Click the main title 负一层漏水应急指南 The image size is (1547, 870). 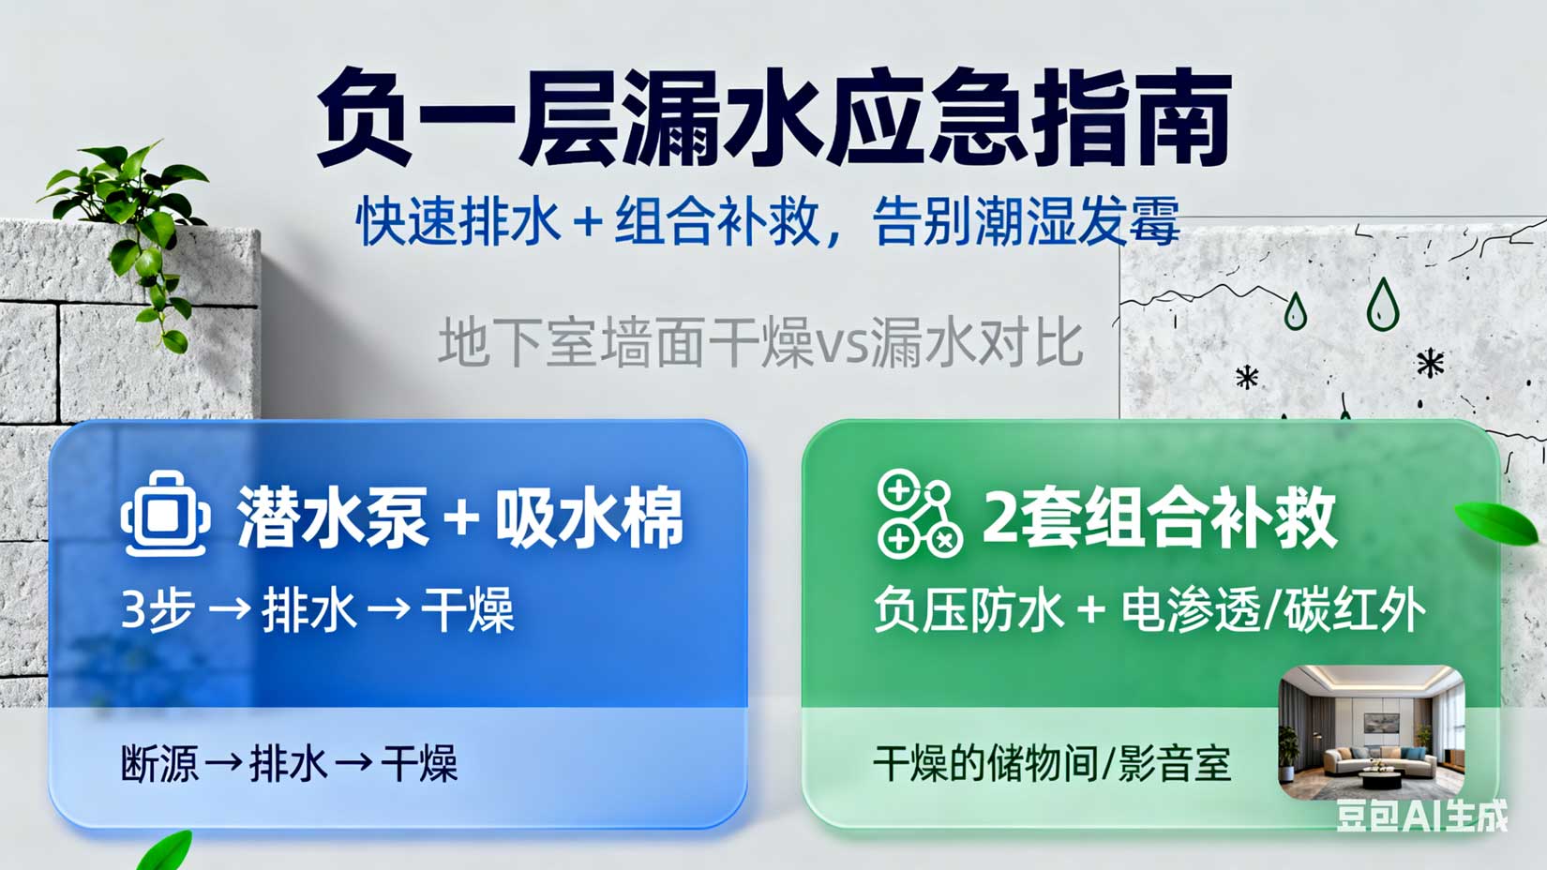click(x=773, y=117)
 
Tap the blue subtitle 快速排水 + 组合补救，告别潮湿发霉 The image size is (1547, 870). click(x=767, y=222)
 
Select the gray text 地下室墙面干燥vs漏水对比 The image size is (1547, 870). click(x=760, y=342)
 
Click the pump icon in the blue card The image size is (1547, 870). click(x=165, y=515)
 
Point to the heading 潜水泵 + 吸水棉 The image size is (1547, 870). click(x=460, y=517)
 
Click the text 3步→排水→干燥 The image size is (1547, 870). click(x=318, y=610)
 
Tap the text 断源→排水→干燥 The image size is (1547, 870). click(x=289, y=763)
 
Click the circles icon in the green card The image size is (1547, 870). click(x=918, y=516)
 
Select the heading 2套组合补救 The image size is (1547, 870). click(x=1159, y=517)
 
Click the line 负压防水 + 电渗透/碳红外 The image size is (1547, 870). click(x=1149, y=610)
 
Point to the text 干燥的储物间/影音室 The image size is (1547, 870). click(x=1051, y=763)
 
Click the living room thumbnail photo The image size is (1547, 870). click(x=1372, y=731)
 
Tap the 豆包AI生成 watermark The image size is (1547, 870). click(x=1421, y=816)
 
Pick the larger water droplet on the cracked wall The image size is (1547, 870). click(x=1382, y=305)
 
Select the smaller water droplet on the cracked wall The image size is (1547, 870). click(x=1295, y=311)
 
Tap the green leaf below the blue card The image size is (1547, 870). click(x=166, y=851)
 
